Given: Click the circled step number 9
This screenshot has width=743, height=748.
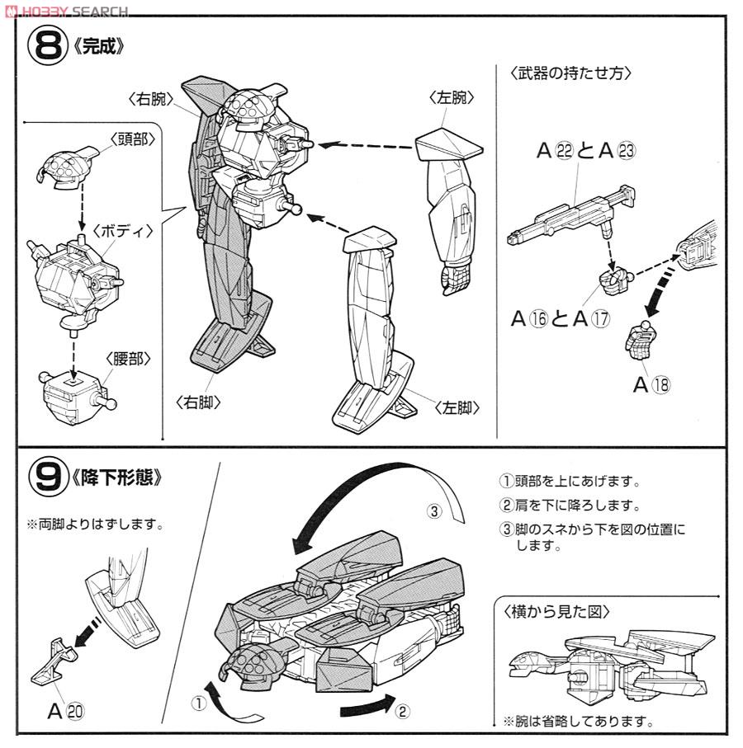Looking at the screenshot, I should [48, 477].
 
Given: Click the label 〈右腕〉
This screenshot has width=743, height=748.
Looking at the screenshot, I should [151, 99].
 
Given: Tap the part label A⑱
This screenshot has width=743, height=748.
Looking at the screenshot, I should [651, 384].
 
